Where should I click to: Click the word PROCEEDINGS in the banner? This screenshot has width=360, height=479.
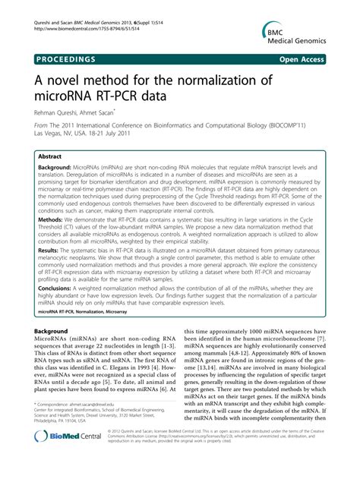tap(64, 58)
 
